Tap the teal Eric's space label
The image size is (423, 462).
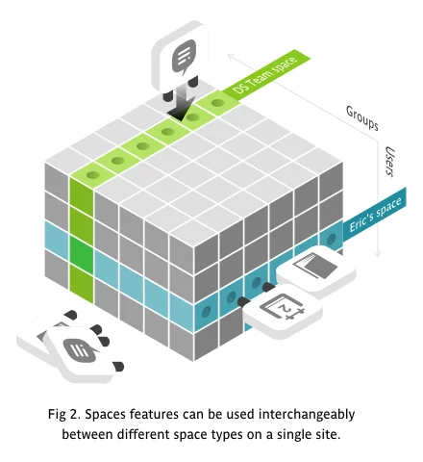[x=375, y=215]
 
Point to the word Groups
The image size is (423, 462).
[x=362, y=118]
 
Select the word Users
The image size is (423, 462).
[x=389, y=161]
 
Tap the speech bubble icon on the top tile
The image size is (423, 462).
[x=184, y=57]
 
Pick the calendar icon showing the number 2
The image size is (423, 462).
[x=283, y=307]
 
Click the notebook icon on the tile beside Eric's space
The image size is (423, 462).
[x=315, y=265]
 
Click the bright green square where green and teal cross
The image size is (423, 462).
[x=82, y=250]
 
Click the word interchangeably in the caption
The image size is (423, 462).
[x=307, y=414]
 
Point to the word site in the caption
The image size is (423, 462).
[x=330, y=434]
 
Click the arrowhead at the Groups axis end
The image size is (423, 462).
[x=230, y=57]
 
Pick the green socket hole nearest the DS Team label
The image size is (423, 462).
[x=218, y=103]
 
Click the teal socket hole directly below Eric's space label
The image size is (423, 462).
[x=331, y=240]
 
